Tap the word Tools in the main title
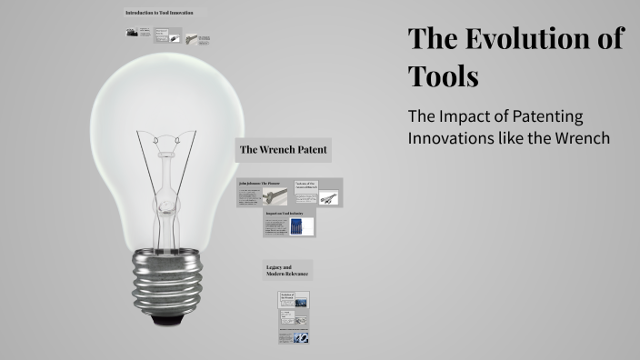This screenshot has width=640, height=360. [444, 76]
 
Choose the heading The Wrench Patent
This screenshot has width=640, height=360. [283, 148]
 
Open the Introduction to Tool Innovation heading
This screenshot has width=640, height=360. [159, 13]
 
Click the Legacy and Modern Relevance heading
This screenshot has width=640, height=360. [287, 270]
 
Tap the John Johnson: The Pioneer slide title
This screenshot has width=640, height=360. [262, 184]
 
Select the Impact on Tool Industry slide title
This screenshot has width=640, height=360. [285, 214]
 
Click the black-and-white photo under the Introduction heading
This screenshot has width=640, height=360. [132, 32]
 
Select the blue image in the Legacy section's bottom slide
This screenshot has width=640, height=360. [301, 337]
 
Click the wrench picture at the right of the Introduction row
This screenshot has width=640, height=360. [192, 38]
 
